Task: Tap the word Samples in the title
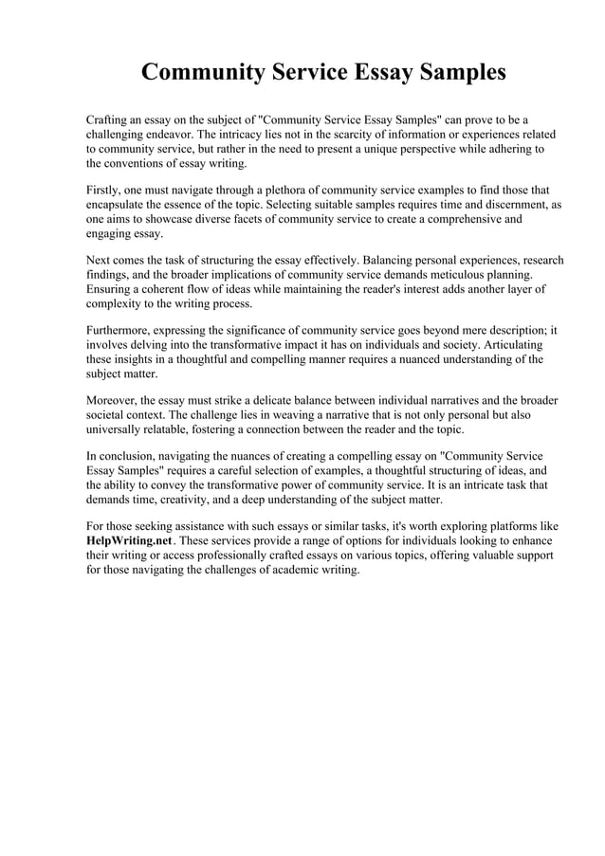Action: click(453, 73)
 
